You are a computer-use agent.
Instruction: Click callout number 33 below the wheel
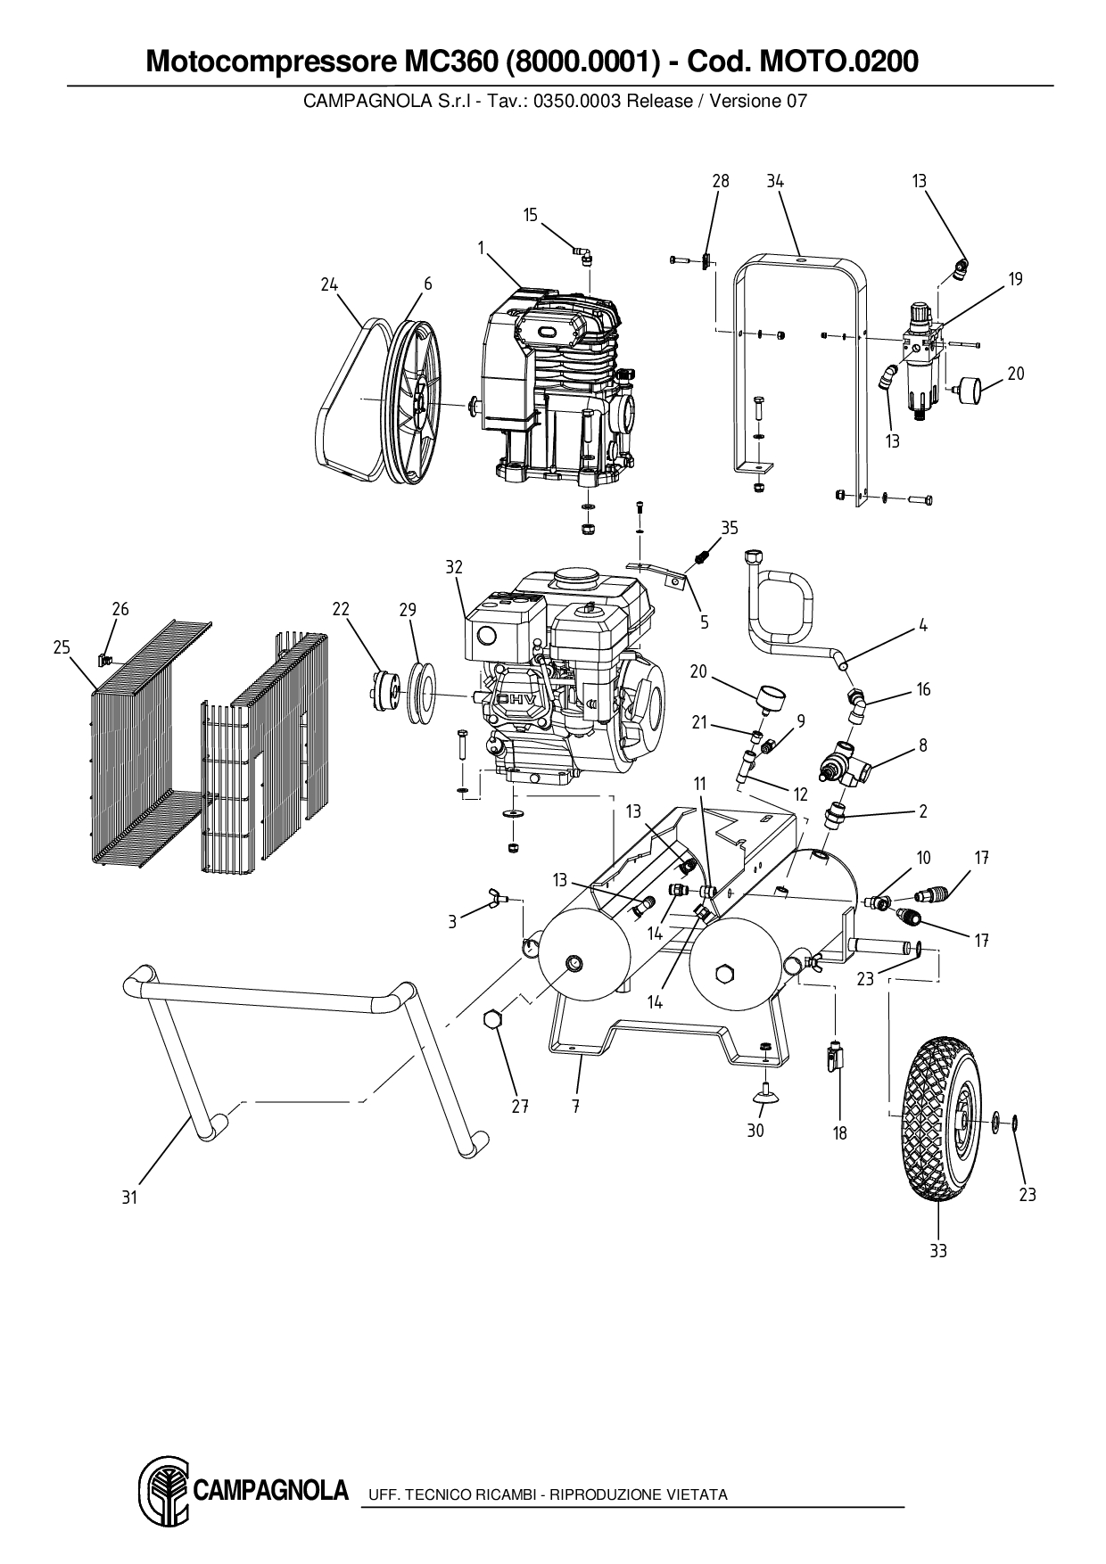(x=937, y=1251)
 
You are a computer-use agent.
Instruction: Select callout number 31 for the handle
(x=130, y=1198)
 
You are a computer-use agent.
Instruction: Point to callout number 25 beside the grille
(x=62, y=647)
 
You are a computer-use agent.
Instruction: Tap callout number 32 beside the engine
(x=455, y=567)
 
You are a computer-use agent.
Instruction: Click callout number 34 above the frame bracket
(x=775, y=181)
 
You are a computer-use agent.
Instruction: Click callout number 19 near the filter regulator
(x=1016, y=279)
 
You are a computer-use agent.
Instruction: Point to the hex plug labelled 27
(x=493, y=1020)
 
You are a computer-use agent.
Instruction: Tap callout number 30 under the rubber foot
(x=755, y=1131)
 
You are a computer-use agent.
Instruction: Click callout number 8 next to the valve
(x=923, y=745)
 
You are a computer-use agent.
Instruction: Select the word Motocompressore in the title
(x=264, y=62)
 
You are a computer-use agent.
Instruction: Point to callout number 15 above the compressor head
(x=531, y=215)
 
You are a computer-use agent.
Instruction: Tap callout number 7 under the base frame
(x=576, y=1107)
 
